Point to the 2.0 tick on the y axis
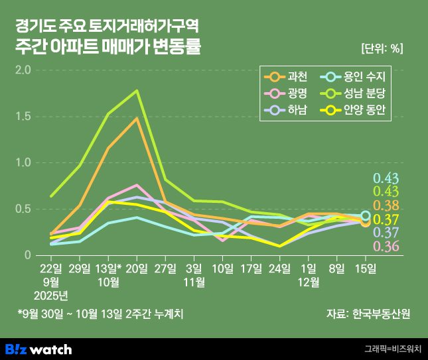pyautogui.click(x=23, y=70)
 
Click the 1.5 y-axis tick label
pyautogui.click(x=23, y=116)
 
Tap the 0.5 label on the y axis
pyautogui.click(x=23, y=209)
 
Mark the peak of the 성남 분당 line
pyautogui.click(x=137, y=91)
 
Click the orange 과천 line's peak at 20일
pyautogui.click(x=137, y=119)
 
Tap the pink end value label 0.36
pyautogui.click(x=386, y=247)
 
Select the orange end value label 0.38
pyautogui.click(x=386, y=206)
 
